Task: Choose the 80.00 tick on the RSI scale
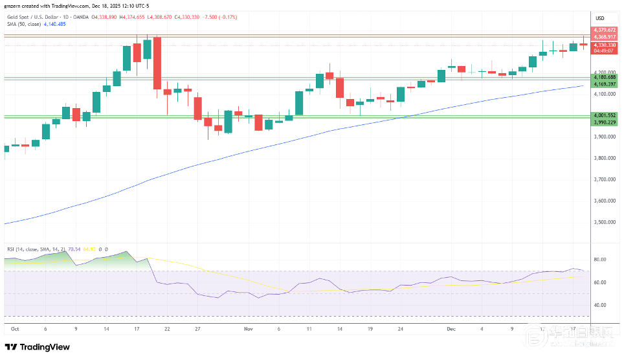(x=599, y=260)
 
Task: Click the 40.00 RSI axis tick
(x=599, y=305)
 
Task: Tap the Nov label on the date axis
(x=249, y=329)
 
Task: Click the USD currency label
(x=600, y=17)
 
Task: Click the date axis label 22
(x=167, y=329)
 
